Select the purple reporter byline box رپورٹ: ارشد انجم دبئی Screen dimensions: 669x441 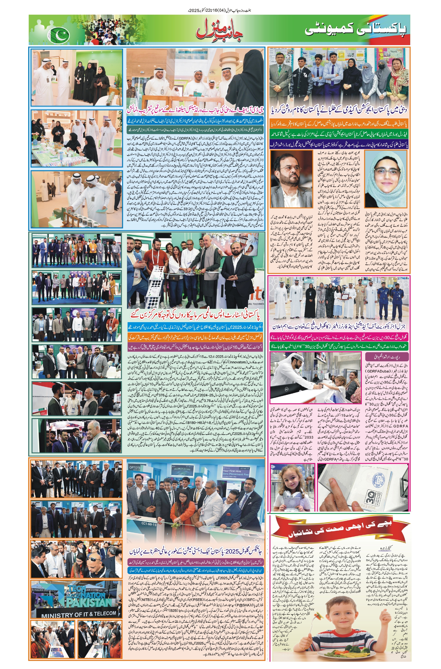click(x=386, y=357)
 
